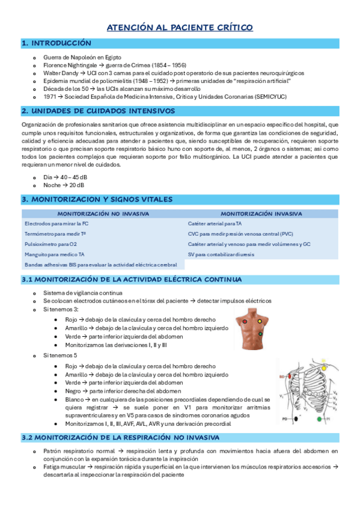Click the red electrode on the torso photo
[245, 322]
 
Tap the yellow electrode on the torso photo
[259, 322]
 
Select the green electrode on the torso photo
[261, 333]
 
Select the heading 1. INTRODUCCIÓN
[56, 43]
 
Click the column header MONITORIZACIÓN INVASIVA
[261, 214]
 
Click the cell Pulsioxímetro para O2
[51, 244]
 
